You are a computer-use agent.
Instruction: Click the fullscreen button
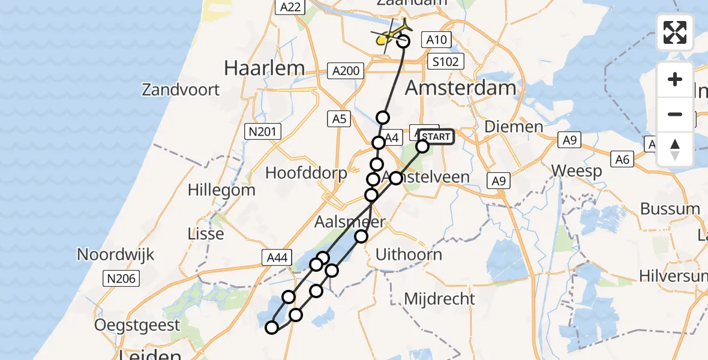[x=675, y=32]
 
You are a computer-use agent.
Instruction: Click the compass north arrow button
[x=675, y=149]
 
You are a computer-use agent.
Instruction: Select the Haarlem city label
[x=265, y=68]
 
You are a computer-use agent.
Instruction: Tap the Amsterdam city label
[x=460, y=88]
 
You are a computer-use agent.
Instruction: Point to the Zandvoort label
[x=181, y=90]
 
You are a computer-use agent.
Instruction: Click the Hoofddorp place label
[x=306, y=174]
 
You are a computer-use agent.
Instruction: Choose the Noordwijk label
[x=115, y=254]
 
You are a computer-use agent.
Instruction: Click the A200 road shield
[x=346, y=71]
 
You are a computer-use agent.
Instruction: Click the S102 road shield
[x=446, y=61]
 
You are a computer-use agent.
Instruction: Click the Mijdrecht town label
[x=439, y=298]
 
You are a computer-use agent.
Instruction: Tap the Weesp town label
[x=577, y=171]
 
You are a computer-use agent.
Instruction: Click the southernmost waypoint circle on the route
[x=272, y=327]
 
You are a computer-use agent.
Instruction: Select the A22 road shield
[x=291, y=7]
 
